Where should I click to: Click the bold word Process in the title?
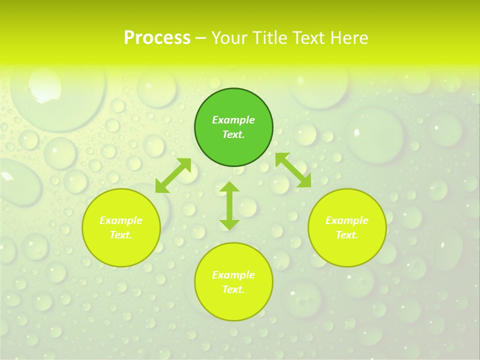[x=157, y=38]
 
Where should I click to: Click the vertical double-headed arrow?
[x=229, y=206]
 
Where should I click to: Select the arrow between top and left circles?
[x=173, y=175]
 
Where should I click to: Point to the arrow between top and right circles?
[x=293, y=170]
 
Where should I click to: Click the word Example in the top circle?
[x=233, y=120]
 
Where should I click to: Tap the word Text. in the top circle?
[x=233, y=134]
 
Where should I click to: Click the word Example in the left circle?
[x=121, y=220]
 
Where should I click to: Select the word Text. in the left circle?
[x=121, y=235]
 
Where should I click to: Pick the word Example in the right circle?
[x=347, y=220]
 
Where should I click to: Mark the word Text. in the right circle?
[x=347, y=235]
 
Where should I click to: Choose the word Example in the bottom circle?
[x=233, y=275]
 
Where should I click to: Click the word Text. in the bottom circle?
[x=233, y=289]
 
